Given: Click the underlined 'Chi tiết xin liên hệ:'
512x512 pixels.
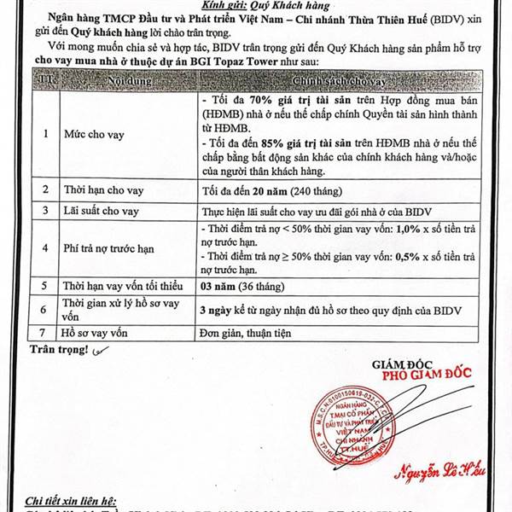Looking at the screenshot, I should (72, 500).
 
